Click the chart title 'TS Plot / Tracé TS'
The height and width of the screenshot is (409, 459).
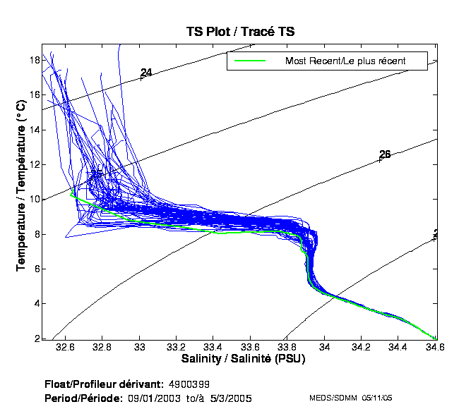240,32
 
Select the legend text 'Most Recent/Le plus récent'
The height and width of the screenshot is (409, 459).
345,61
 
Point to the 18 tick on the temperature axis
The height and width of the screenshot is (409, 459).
32,61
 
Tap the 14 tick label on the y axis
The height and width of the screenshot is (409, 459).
32,130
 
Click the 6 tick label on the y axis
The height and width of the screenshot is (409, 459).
35,269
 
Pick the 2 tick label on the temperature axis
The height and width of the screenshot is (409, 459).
35,338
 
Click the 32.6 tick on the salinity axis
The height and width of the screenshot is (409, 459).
66,348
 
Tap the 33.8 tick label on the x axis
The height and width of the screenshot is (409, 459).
287,348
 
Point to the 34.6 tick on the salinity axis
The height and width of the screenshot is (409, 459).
436,348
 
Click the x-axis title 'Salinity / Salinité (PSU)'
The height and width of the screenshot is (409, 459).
242,360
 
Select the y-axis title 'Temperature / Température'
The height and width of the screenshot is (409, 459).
20,185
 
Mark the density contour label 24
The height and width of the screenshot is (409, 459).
146,73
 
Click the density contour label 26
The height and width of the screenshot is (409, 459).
385,154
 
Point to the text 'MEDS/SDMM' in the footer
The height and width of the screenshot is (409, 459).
333,398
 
